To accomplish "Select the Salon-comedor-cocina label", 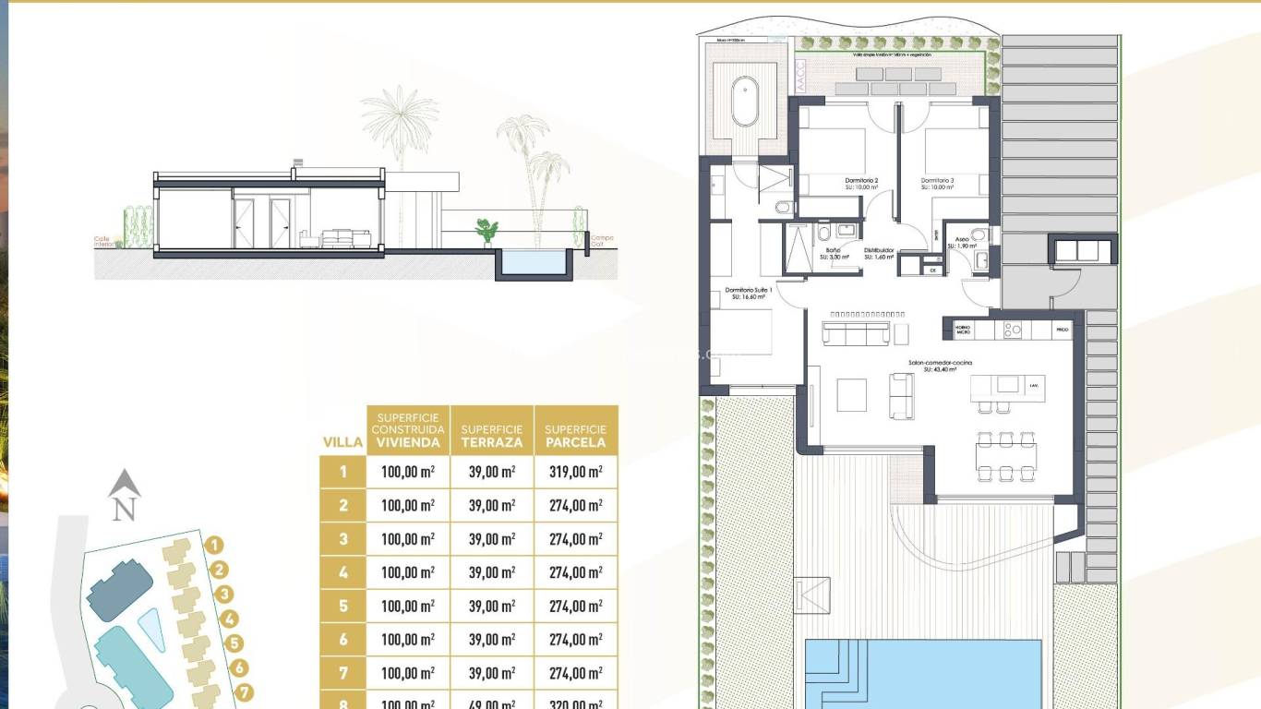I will [x=940, y=366].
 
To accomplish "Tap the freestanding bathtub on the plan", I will [x=745, y=102].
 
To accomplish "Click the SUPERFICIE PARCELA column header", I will [x=575, y=436].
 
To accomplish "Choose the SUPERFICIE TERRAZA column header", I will [x=491, y=436].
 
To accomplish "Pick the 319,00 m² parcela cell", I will [x=575, y=473].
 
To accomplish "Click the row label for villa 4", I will [x=343, y=573].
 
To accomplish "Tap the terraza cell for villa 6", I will [x=491, y=640].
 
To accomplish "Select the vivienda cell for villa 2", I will [x=407, y=506].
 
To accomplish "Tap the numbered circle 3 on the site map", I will [x=223, y=595].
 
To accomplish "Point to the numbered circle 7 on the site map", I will [x=245, y=691].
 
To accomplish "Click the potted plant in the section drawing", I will [x=486, y=230].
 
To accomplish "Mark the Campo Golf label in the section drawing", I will [x=602, y=241].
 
